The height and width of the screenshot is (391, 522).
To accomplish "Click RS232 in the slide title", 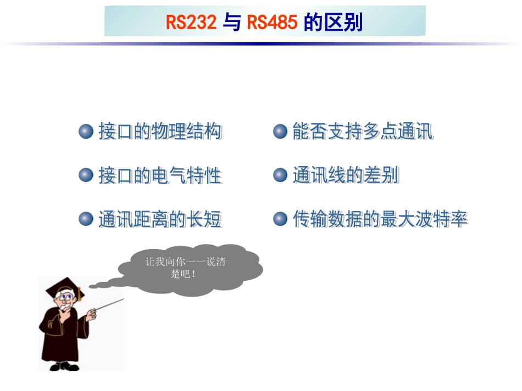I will click(191, 22).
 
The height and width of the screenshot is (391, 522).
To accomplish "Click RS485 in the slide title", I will click(272, 22).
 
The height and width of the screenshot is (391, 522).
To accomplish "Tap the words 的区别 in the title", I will click(333, 22).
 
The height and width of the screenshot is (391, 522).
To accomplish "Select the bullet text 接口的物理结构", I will click(160, 132).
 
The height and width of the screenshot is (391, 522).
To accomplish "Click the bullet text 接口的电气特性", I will click(160, 175).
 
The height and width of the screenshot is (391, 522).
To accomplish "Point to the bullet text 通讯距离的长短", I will click(160, 219).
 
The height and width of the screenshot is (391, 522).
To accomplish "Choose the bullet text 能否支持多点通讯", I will click(363, 132).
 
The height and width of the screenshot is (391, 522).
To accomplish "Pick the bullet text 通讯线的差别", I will click(346, 175).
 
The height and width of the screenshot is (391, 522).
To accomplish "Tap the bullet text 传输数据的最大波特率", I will click(380, 219).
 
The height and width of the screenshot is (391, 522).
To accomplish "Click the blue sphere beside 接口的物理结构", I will click(86, 132).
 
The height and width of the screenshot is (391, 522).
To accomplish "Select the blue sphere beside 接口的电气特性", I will click(86, 175).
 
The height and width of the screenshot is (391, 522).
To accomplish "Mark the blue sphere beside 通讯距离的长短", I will click(86, 219).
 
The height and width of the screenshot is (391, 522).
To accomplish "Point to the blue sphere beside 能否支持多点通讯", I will click(280, 132).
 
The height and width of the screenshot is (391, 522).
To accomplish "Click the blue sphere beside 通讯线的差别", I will click(280, 175).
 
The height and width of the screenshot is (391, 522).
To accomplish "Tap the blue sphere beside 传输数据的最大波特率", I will click(280, 219).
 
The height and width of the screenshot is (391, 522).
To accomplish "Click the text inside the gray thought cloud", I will click(185, 268).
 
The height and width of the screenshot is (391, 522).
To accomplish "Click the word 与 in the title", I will click(232, 22).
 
